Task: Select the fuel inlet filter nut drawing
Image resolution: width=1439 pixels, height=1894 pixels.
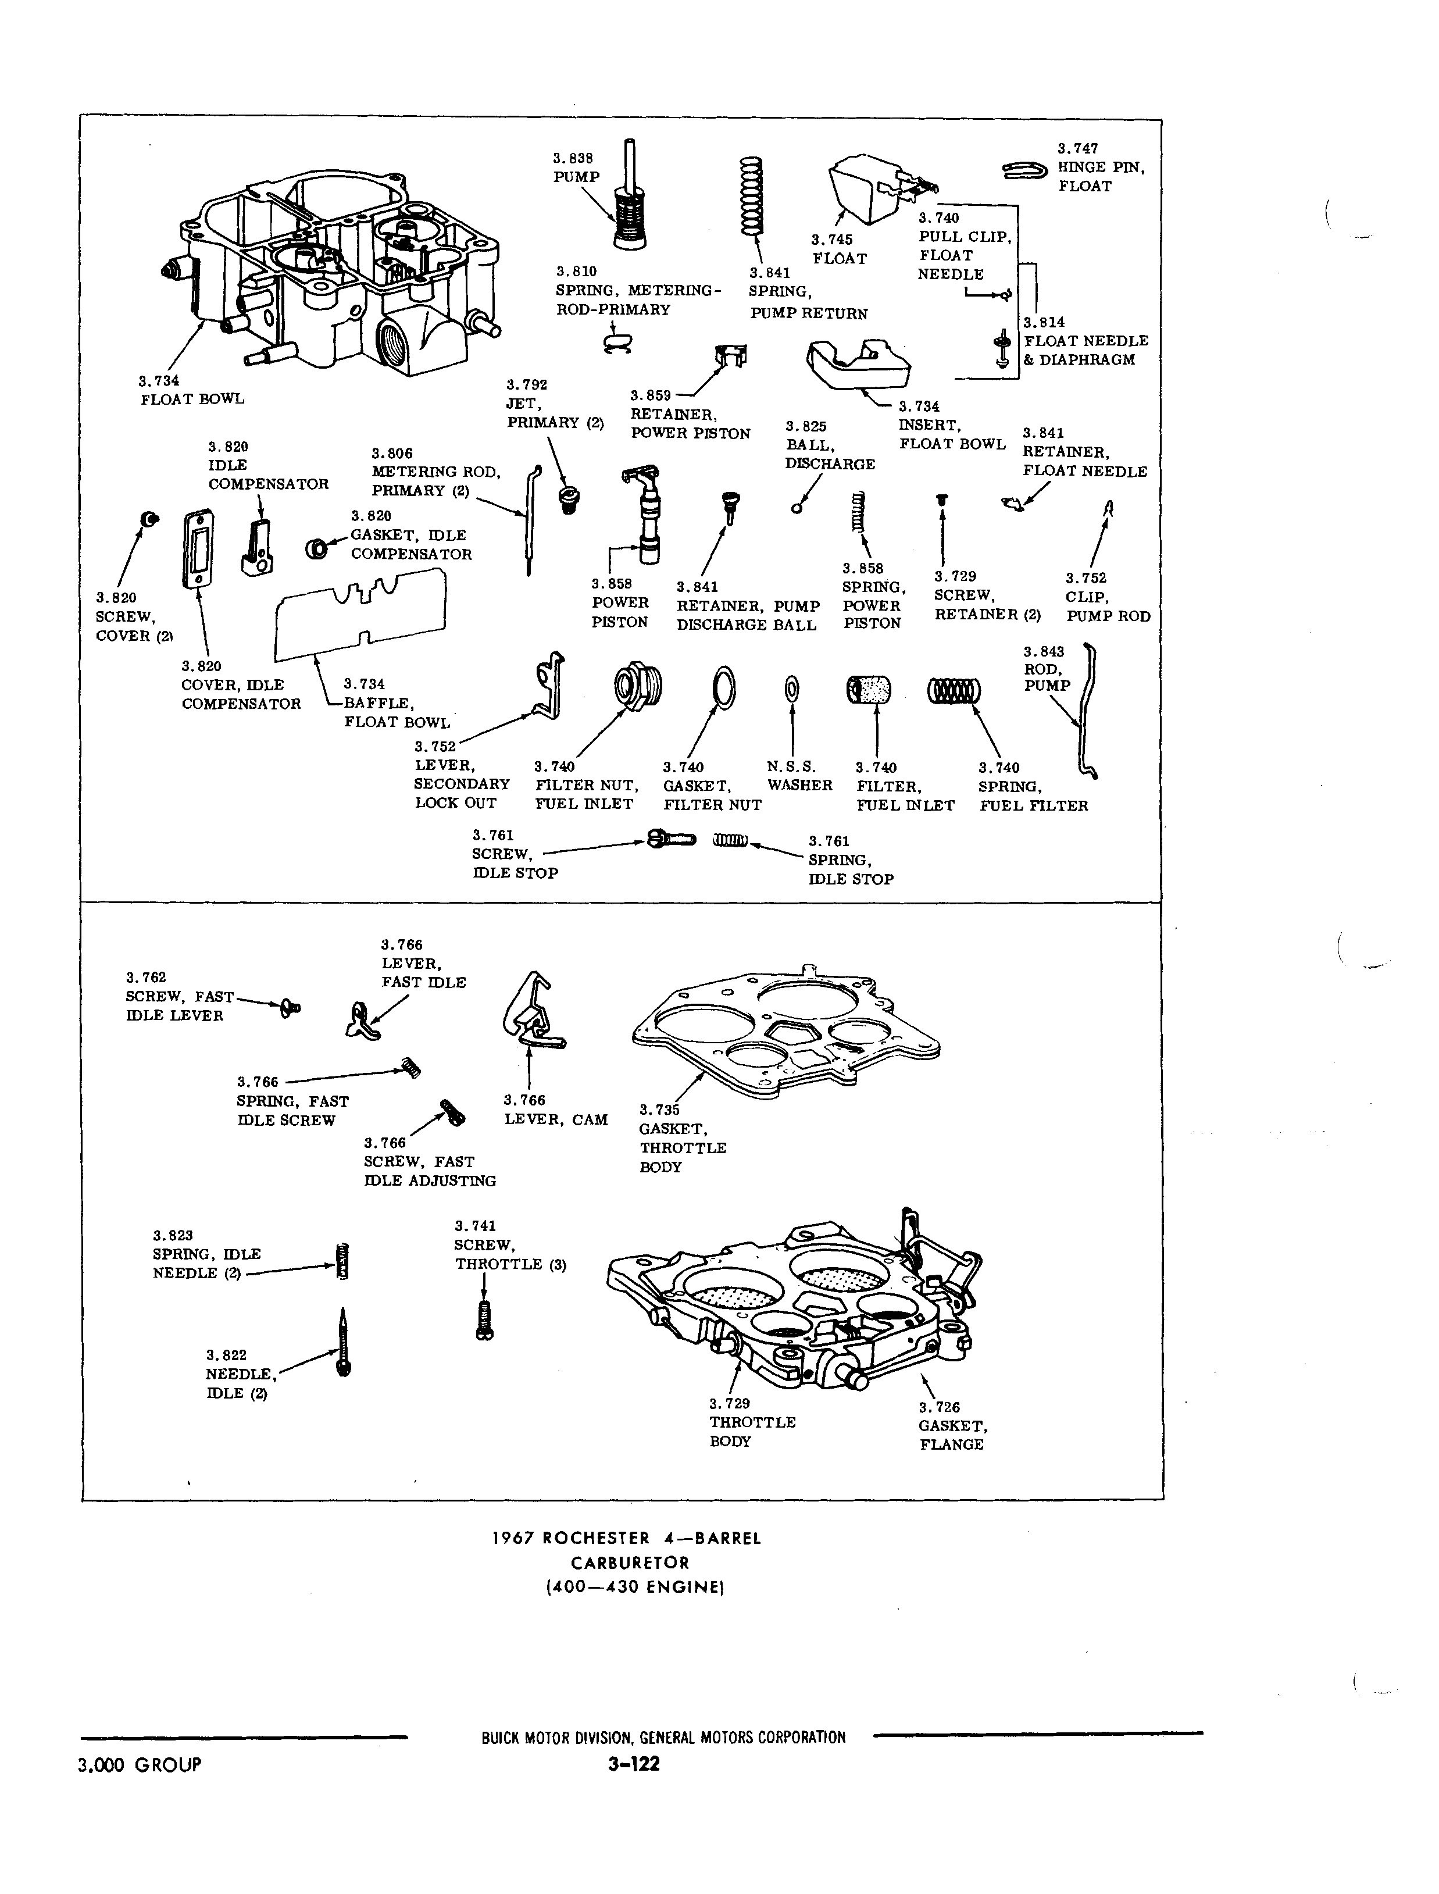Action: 638,687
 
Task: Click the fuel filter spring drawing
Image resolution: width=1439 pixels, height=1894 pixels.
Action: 954,690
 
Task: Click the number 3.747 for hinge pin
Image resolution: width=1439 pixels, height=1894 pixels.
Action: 1077,148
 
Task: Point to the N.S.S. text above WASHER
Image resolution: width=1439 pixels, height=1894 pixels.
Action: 791,766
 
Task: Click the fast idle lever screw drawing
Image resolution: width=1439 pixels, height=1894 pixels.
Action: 290,1008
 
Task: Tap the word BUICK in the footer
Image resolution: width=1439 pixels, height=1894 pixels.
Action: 499,1738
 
